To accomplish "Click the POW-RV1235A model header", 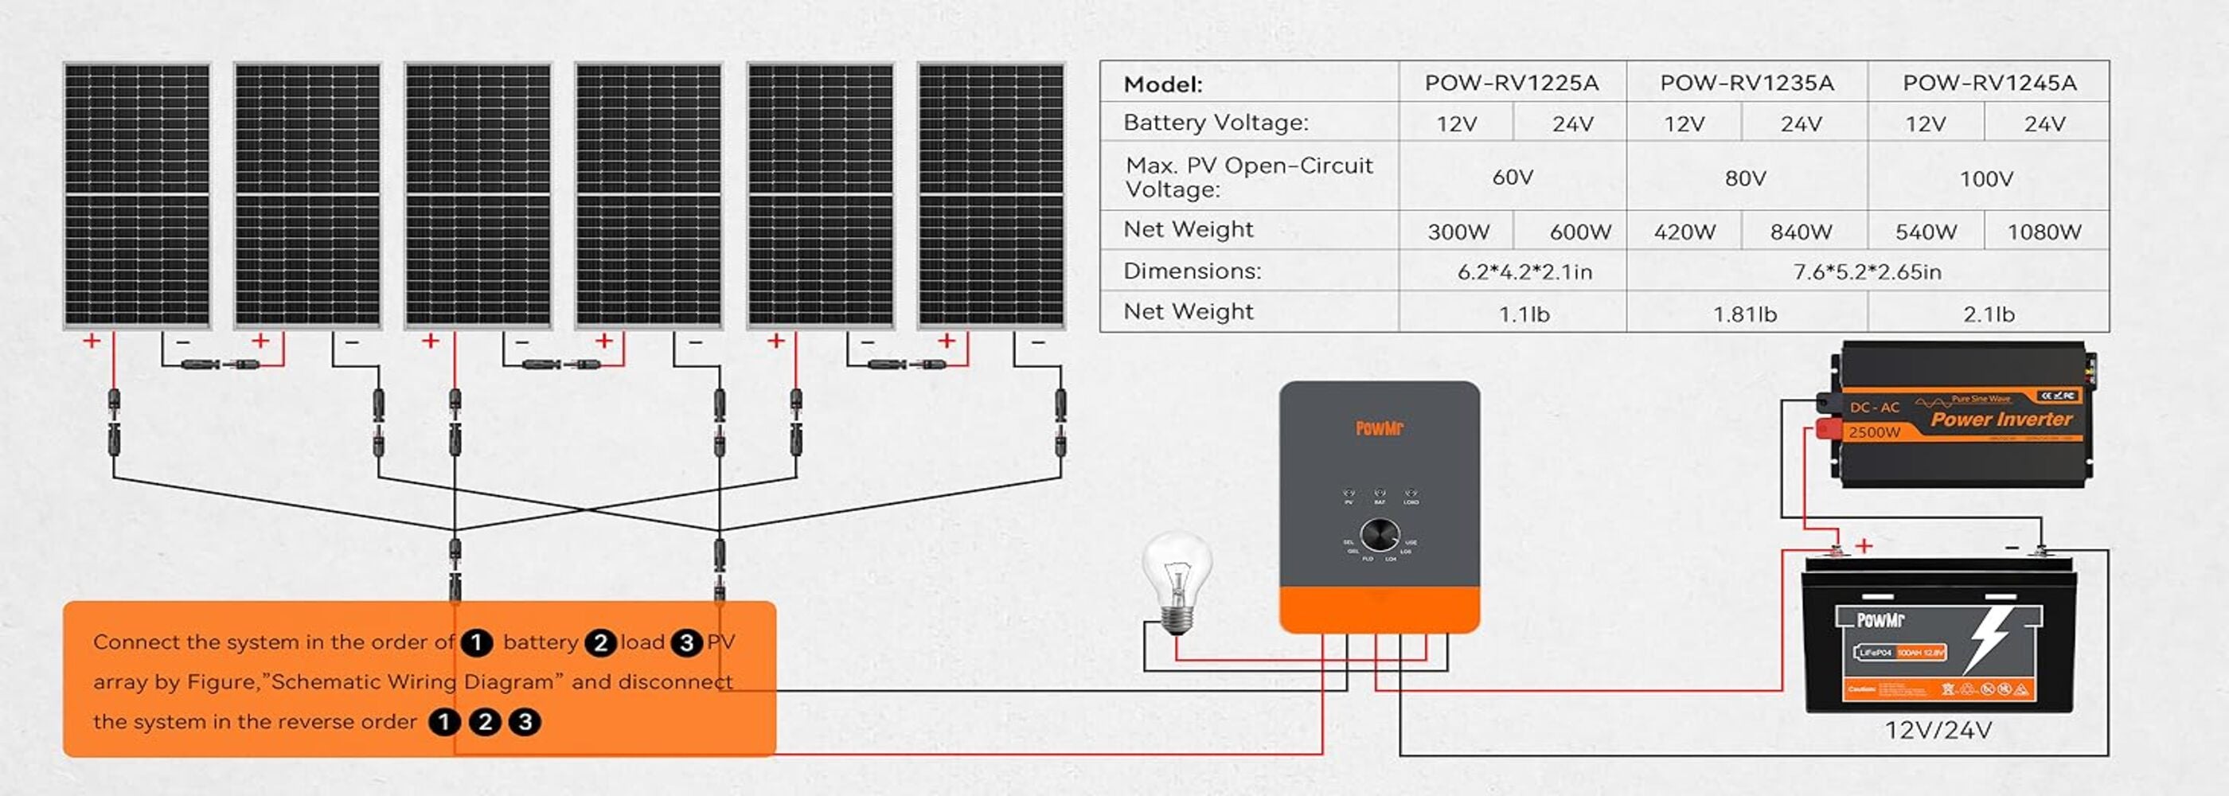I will point(1746,83).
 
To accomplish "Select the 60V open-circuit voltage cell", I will point(1513,178).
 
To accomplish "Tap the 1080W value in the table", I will point(2044,232).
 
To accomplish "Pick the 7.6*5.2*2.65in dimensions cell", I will point(1867,272).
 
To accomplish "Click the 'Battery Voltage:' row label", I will point(1215,123).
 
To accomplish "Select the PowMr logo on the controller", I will point(1380,428).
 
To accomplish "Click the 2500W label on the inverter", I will point(1874,431).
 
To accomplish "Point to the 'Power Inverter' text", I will point(2001,419).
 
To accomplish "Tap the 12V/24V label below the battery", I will point(1938,731).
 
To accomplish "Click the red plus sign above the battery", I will point(1864,546).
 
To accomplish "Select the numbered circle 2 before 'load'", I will point(600,643).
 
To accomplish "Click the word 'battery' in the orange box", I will point(540,642).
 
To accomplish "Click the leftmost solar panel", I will point(137,196).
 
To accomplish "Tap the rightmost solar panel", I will point(991,196).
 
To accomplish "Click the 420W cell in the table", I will point(1684,232).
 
